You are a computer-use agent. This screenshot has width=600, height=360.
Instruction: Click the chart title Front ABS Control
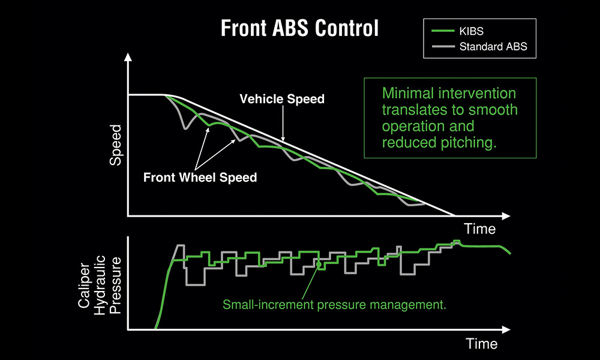point(299,28)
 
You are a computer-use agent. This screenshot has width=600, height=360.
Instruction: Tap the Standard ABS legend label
point(493,47)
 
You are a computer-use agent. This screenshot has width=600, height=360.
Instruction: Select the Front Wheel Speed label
point(200,178)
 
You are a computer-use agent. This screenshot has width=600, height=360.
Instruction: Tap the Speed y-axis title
point(116,145)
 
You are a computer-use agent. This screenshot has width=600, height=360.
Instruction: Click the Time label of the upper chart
point(480,229)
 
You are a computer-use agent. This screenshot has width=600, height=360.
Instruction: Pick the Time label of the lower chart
point(481,343)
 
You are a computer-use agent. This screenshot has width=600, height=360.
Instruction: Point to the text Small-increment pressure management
point(335,305)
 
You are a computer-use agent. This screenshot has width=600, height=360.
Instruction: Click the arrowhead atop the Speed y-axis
point(128,58)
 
